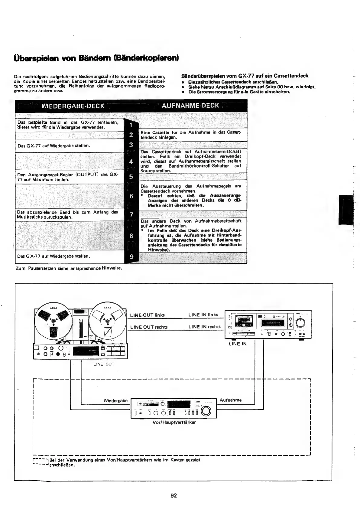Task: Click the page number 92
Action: pyautogui.click(x=174, y=495)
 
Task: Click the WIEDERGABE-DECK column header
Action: pyautogui.click(x=73, y=106)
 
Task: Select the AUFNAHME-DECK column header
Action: pyautogui.click(x=190, y=106)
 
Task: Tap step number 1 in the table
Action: pyautogui.click(x=131, y=125)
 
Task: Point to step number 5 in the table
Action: pyautogui.click(x=131, y=177)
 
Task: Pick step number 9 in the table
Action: pyautogui.click(x=131, y=257)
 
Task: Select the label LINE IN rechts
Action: pyautogui.click(x=204, y=327)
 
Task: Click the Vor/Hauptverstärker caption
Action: pyautogui.click(x=174, y=422)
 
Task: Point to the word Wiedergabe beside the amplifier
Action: pyautogui.click(x=115, y=401)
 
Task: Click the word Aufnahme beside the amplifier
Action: pyautogui.click(x=231, y=400)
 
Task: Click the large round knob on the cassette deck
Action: pyautogui.click(x=300, y=323)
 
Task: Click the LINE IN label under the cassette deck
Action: pyautogui.click(x=237, y=344)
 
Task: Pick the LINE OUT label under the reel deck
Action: pyautogui.click(x=104, y=364)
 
